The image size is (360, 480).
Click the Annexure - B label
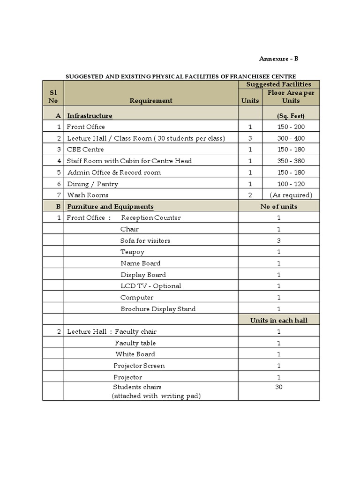[x=278, y=59]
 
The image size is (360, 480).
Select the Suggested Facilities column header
[x=279, y=84]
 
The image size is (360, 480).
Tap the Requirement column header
[x=151, y=100]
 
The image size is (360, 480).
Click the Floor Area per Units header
[x=291, y=97]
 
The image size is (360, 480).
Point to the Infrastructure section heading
[x=90, y=115]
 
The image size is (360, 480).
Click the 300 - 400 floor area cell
[x=291, y=138]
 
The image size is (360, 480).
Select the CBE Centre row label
[x=85, y=150]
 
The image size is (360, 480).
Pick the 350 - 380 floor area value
[x=291, y=161]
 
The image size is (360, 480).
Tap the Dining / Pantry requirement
[x=92, y=184]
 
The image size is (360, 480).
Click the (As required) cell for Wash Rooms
[x=291, y=195]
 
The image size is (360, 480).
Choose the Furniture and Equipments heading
[x=110, y=206]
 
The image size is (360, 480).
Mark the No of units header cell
[x=279, y=206]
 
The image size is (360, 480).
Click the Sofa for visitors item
[x=145, y=240]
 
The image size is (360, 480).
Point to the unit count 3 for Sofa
[x=279, y=240]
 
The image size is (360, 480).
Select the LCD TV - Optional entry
[x=150, y=286]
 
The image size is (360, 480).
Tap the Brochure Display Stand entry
[x=158, y=309]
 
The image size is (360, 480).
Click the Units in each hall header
[x=279, y=320]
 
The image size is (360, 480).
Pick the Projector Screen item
[x=139, y=366]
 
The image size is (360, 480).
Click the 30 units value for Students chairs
[x=279, y=387]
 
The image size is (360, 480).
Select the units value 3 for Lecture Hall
[x=250, y=138]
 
